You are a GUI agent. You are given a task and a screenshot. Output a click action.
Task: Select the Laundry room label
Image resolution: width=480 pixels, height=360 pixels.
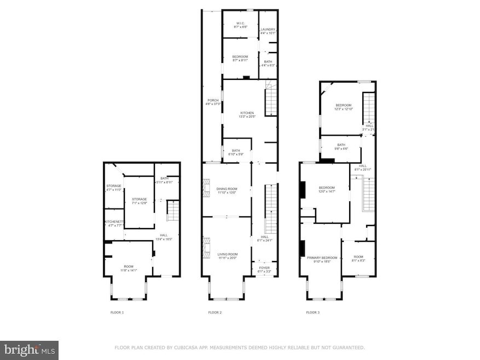pyautogui.click(x=267, y=31)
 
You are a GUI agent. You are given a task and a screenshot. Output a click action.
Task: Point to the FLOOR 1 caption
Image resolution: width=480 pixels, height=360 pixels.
pyautogui.click(x=117, y=312)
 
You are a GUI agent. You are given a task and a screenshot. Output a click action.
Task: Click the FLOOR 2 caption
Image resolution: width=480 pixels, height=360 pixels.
pyautogui.click(x=215, y=312)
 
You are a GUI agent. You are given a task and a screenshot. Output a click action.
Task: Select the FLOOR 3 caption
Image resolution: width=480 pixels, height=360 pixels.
pyautogui.click(x=313, y=312)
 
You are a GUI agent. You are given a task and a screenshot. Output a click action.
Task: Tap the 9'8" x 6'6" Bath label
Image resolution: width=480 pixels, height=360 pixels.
pyautogui.click(x=342, y=146)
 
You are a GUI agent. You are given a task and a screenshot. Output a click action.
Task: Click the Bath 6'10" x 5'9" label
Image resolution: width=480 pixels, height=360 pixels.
pyautogui.click(x=236, y=152)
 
